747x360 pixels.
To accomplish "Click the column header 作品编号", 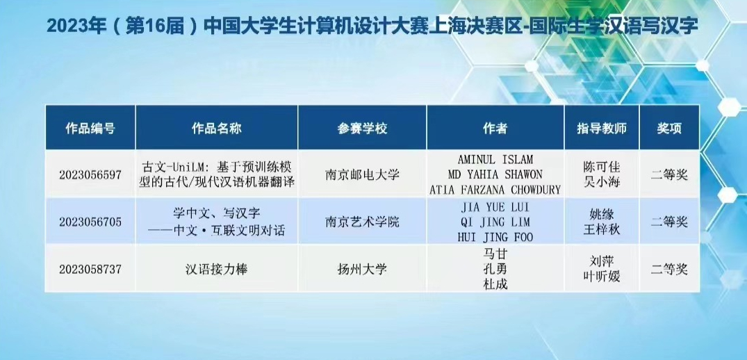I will (90, 129).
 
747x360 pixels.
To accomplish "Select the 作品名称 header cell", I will (216, 129).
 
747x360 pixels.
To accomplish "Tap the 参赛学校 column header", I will (362, 129).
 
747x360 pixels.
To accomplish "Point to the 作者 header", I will (495, 129).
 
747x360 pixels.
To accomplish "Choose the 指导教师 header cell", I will (602, 129).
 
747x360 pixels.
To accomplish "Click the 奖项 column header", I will (669, 129).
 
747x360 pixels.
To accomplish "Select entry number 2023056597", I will (90, 175).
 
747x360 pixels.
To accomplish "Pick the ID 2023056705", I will (90, 222).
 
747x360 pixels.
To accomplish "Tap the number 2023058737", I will (90, 269).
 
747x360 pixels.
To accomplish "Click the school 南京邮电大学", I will (362, 175).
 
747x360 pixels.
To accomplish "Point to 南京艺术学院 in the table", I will (362, 222).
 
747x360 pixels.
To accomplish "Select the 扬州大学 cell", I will (362, 269).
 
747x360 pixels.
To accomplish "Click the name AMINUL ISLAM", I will (495, 160).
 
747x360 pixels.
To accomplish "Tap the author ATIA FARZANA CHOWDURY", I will (495, 190).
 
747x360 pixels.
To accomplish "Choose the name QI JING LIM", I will (495, 222).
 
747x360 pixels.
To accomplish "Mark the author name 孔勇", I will (495, 269).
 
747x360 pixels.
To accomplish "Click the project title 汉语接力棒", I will (217, 269).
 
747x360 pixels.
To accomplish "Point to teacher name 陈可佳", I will (601, 167).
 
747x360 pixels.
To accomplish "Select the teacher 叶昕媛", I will (601, 277).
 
